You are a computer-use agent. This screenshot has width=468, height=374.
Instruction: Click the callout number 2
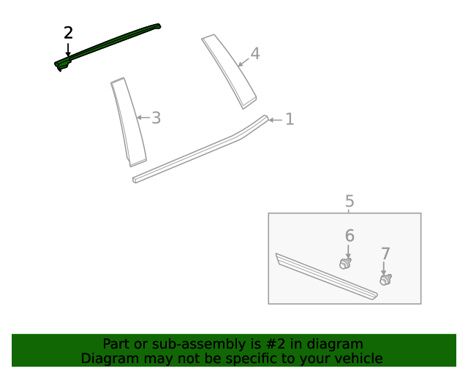[68, 33]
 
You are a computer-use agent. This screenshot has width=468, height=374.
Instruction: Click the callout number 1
[290, 119]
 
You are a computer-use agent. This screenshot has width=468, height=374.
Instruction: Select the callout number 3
[156, 117]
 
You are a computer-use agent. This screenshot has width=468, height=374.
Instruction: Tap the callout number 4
[254, 53]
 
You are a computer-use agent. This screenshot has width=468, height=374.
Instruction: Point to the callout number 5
[350, 201]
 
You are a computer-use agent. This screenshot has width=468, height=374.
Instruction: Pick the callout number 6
[350, 235]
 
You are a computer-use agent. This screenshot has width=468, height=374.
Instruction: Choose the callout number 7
[385, 253]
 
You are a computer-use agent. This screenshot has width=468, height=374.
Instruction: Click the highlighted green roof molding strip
[110, 45]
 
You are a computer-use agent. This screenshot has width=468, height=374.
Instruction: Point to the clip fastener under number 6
[346, 262]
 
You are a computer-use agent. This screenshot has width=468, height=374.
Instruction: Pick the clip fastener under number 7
[385, 279]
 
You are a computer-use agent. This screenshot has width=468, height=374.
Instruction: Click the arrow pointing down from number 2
[68, 50]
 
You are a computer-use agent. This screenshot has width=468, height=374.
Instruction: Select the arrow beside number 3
[143, 117]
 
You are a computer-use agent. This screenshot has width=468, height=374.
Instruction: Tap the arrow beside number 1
[275, 120]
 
